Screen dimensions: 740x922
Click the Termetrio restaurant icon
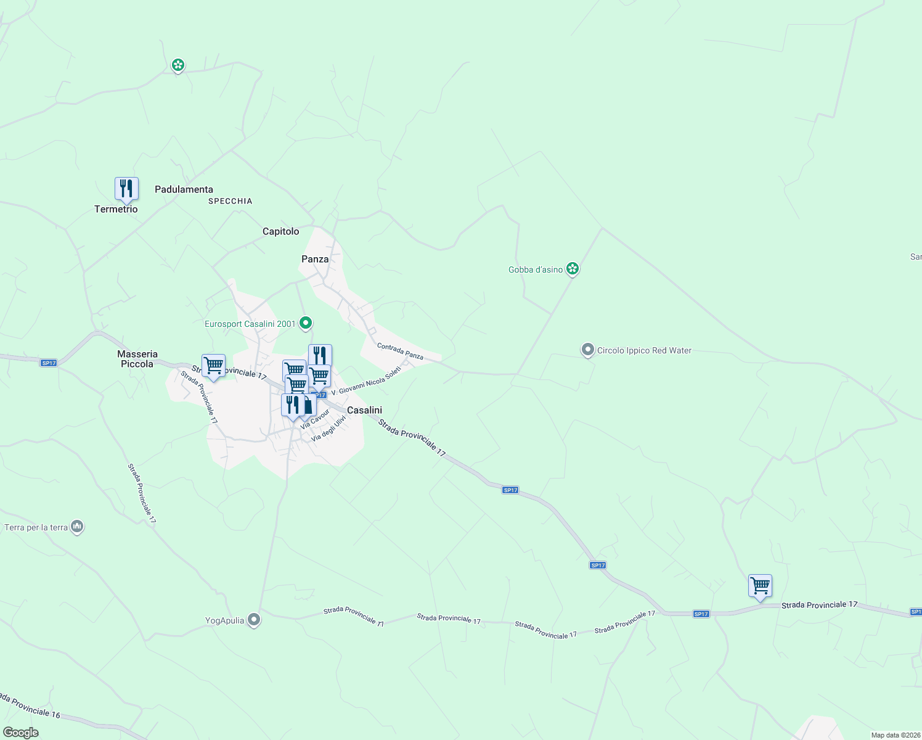126,189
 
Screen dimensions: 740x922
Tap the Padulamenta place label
184,189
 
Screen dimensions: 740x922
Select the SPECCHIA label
230,201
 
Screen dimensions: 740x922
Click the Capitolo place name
280,231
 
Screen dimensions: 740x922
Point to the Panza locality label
315,259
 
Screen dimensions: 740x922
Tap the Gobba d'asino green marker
573,268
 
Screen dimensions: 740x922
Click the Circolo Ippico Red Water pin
587,350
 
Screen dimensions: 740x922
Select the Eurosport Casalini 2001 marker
305,323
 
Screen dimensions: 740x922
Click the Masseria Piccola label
137,359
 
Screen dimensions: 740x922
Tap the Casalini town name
364,410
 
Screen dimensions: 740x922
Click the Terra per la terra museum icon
77,527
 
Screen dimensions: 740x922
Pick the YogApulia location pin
253,620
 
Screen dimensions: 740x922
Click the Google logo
21,732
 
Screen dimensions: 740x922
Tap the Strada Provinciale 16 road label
31,706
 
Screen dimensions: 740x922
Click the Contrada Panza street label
400,351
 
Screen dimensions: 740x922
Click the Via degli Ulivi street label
328,428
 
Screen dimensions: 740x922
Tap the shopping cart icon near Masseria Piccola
213,366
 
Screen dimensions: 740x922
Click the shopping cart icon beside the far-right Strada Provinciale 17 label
760,586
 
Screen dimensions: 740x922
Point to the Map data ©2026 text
895,734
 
